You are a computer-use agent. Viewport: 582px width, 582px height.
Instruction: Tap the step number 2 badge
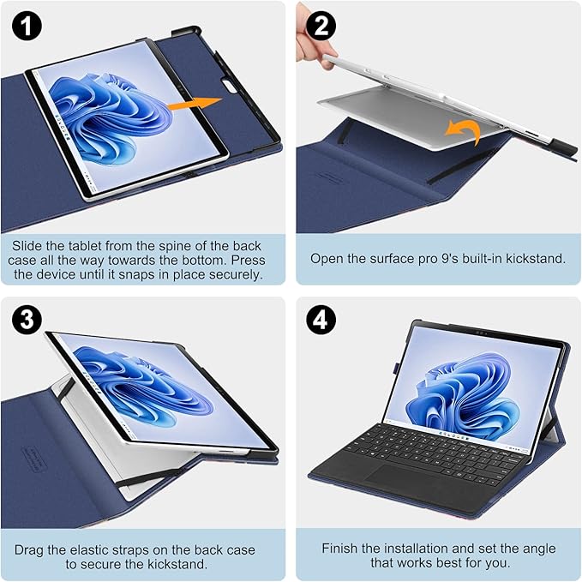(322, 26)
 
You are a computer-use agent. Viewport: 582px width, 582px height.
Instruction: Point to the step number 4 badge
(322, 320)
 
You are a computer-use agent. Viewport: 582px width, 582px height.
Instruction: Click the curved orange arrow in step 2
(462, 131)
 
